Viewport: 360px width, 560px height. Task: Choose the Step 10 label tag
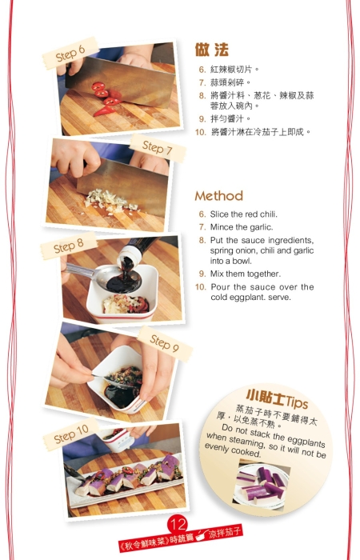[71, 437]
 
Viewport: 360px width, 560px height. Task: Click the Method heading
[218, 196]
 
